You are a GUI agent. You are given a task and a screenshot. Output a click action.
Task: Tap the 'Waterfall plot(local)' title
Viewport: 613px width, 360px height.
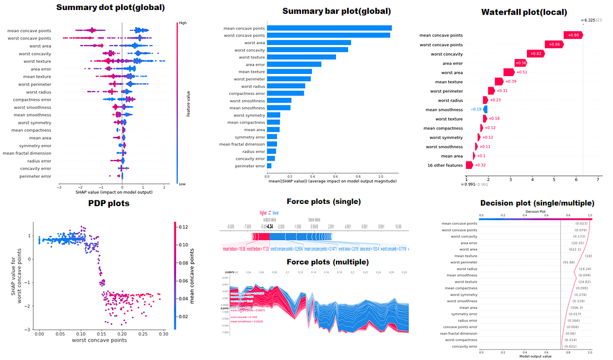[524, 12]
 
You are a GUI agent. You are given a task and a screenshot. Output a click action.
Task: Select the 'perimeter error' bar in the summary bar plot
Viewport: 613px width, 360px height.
[269, 166]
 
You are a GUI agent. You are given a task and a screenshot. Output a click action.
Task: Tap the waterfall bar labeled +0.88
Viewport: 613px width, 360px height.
[572, 36]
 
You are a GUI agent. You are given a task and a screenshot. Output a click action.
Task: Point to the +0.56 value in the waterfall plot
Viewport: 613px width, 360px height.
[520, 63]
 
